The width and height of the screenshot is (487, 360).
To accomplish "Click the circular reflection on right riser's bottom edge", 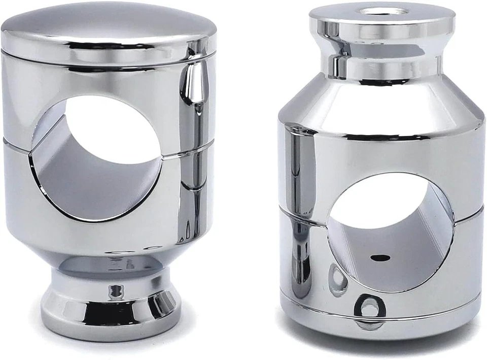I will pyautogui.click(x=368, y=307).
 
